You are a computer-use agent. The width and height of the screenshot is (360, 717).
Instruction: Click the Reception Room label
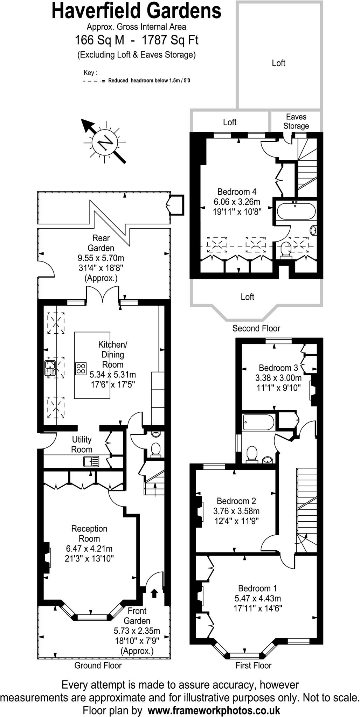click(x=89, y=534)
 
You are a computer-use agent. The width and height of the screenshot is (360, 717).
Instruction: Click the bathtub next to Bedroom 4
click(x=296, y=211)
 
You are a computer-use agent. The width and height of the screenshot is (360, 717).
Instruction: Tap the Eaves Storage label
click(x=296, y=121)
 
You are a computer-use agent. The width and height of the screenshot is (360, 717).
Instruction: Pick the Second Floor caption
click(x=256, y=328)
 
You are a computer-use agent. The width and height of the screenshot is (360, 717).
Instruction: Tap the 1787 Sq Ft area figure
click(x=170, y=40)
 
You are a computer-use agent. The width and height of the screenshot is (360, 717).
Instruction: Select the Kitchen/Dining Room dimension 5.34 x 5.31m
click(x=113, y=374)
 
